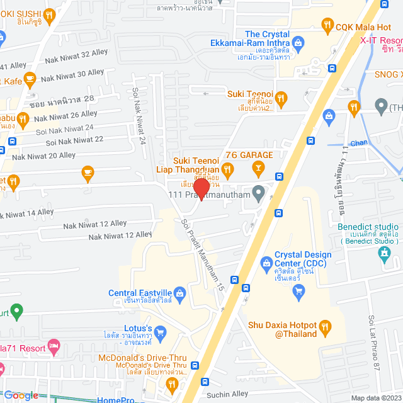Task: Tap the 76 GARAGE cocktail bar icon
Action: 258,167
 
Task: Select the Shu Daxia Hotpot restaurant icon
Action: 326,326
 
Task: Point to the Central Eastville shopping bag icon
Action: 180,293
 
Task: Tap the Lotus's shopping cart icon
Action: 160,331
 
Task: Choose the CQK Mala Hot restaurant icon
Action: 327,26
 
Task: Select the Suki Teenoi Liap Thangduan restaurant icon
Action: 228,168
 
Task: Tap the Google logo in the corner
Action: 21,395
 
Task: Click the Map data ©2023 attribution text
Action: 375,398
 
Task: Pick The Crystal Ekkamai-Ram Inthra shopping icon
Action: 298,43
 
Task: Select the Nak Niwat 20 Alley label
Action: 44,156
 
